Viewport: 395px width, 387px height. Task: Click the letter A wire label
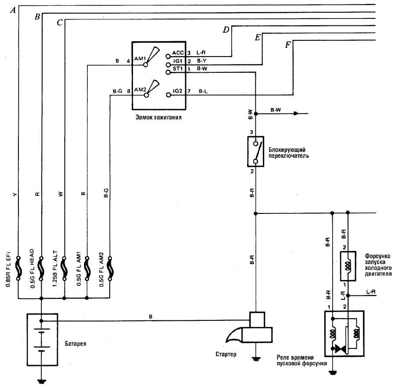[15, 10]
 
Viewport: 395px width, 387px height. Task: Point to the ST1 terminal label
[177, 69]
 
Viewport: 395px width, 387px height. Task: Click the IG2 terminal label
[177, 91]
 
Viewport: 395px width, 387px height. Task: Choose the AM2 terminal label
[140, 89]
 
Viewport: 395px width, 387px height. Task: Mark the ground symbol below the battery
[42, 381]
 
